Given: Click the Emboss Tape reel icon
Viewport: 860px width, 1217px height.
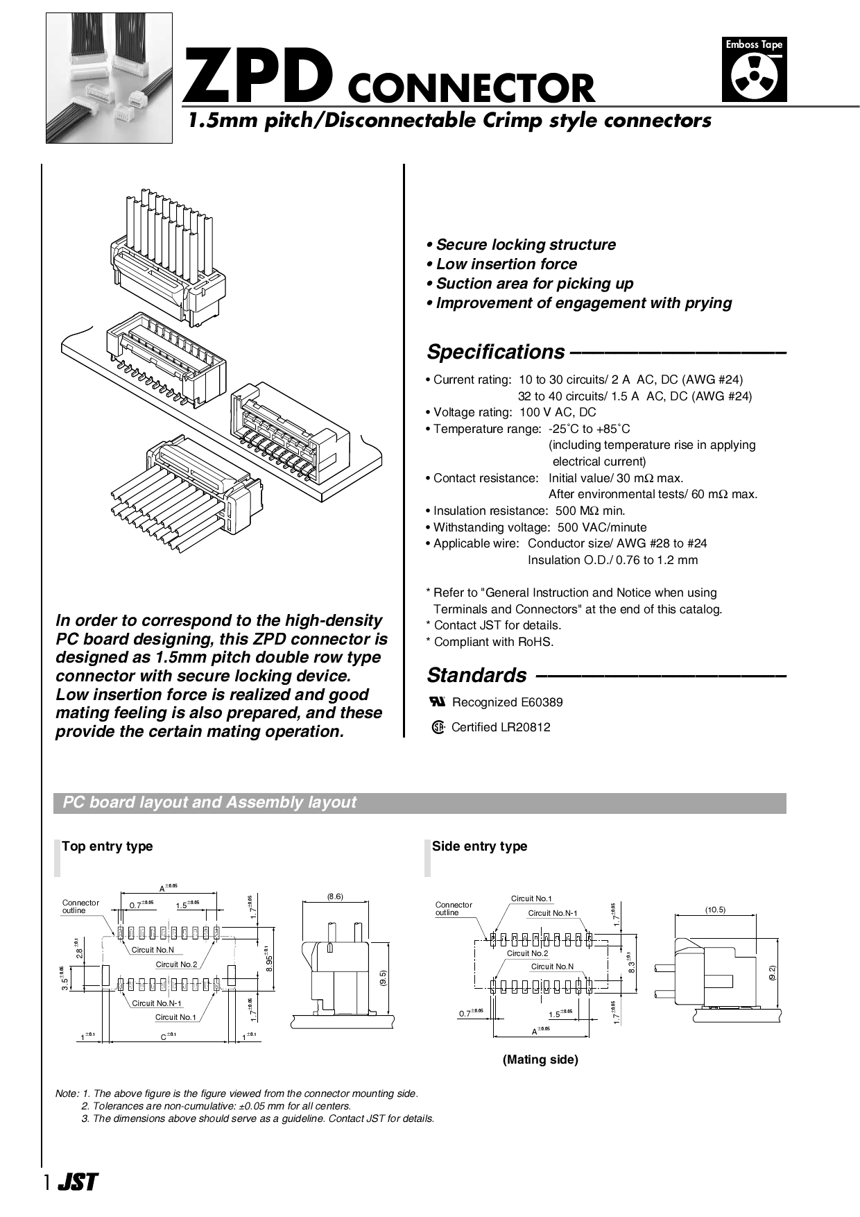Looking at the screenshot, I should point(754,77).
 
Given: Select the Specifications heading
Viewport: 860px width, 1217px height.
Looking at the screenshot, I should point(495,352).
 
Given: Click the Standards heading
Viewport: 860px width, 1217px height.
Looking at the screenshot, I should point(476,675).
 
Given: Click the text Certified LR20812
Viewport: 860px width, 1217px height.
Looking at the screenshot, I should point(500,727).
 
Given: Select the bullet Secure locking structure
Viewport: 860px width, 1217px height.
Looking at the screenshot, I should point(521,245).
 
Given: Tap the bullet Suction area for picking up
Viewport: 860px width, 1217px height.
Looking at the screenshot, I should point(530,284).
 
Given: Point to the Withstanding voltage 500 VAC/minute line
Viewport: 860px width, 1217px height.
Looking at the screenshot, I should point(536,527).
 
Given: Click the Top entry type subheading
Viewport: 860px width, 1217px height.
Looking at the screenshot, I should point(107,846).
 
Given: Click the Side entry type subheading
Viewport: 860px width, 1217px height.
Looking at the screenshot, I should point(479,846).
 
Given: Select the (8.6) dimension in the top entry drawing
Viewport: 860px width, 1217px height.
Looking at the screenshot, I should point(335,896).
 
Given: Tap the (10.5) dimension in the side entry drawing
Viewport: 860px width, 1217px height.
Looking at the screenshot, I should point(715,909).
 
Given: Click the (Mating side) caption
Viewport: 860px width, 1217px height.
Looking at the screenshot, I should point(540,1059).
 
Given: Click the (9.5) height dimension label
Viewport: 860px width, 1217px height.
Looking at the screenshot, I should point(383,977).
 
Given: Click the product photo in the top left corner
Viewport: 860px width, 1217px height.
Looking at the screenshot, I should point(109,78).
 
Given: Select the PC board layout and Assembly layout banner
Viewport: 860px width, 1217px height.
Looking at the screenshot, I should point(420,803).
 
